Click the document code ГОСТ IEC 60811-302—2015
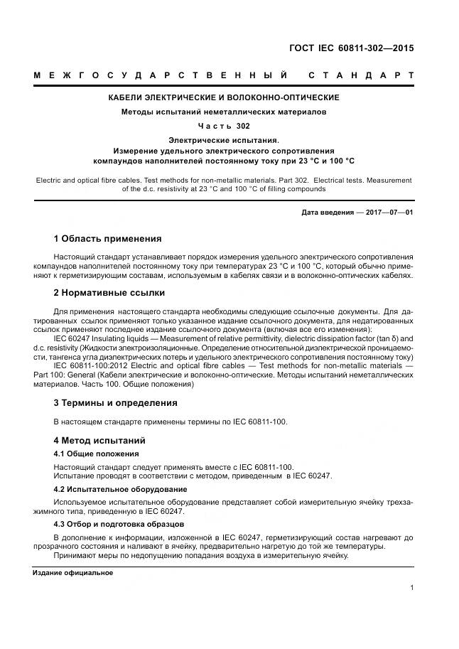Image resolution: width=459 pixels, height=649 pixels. click(x=351, y=48)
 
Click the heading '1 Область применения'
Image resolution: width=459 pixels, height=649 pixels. click(x=108, y=238)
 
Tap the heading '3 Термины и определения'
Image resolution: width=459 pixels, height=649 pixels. click(x=116, y=403)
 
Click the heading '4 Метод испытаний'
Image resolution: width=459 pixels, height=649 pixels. click(x=99, y=440)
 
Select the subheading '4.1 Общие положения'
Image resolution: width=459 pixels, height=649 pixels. click(x=97, y=454)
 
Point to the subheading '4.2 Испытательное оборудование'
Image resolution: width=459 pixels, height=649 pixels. click(x=121, y=489)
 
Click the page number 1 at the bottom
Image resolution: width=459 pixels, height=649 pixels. click(x=412, y=588)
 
